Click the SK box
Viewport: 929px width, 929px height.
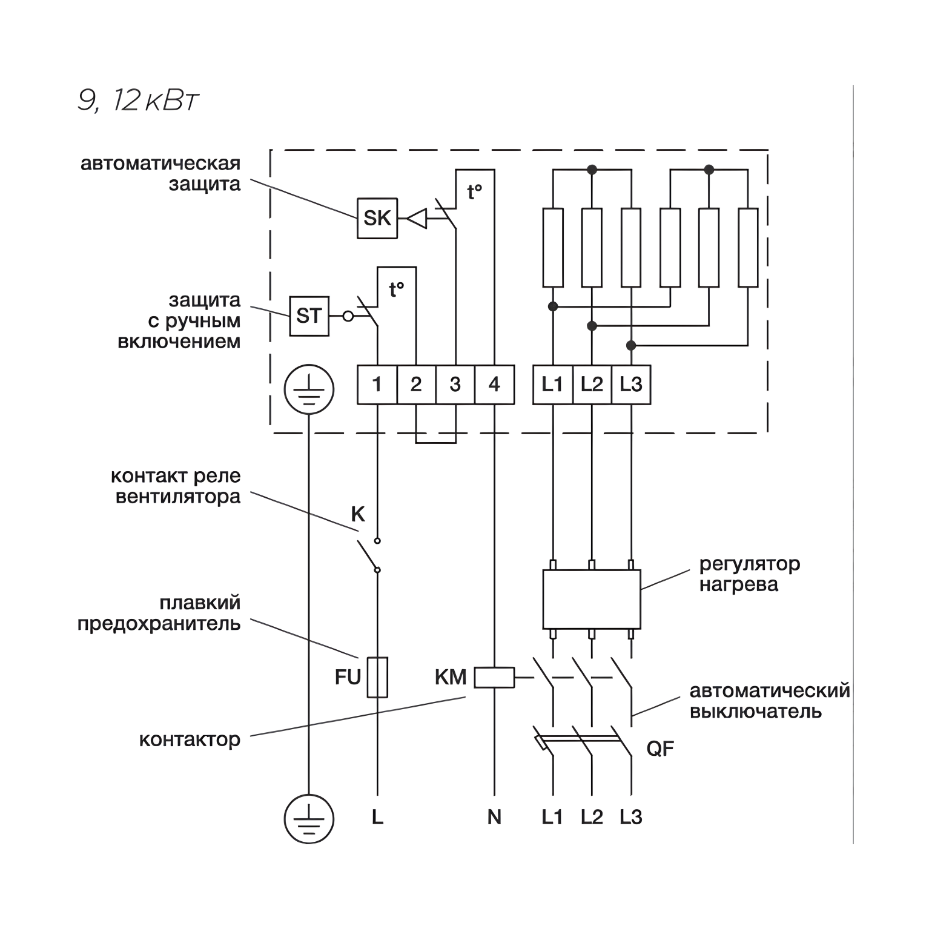click(377, 218)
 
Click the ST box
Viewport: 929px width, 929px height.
click(309, 316)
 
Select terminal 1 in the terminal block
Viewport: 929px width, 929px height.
click(377, 385)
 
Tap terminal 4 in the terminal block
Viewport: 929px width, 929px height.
click(494, 385)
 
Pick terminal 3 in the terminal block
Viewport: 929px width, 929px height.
click(455, 385)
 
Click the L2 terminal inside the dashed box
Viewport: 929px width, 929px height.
click(592, 385)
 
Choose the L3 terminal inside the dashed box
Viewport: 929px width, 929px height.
click(630, 385)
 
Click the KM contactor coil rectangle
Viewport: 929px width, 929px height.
click(494, 678)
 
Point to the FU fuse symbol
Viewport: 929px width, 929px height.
click(377, 677)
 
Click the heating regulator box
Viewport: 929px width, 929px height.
click(592, 599)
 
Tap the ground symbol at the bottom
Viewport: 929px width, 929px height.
click(309, 818)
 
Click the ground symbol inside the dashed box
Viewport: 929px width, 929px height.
click(309, 392)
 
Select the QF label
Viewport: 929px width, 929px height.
click(660, 749)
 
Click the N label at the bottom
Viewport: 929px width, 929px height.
click(494, 818)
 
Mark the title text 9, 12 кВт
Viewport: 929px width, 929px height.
click(138, 101)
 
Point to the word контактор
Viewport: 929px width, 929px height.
click(190, 739)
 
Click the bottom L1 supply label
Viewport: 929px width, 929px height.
click(552, 818)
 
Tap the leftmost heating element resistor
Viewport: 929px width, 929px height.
click(553, 247)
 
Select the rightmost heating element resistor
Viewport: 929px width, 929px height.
click(749, 247)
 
